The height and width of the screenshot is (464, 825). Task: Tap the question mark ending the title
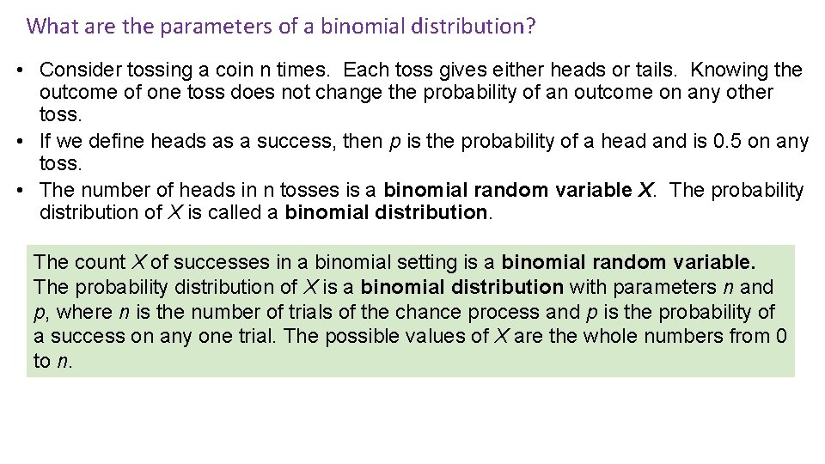(530, 26)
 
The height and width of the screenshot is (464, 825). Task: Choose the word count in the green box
(101, 262)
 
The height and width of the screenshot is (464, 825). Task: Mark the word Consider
(77, 70)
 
